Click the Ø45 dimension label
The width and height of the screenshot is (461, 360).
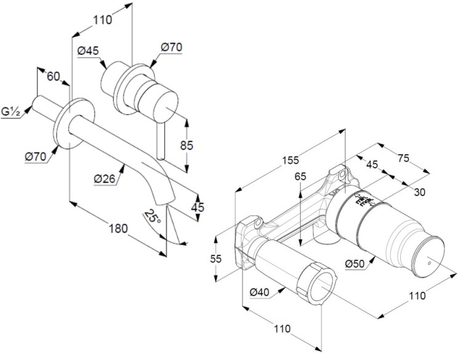pyautogui.click(x=90, y=52)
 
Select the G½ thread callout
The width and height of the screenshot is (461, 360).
pyautogui.click(x=11, y=112)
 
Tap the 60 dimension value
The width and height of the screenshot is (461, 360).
pyautogui.click(x=53, y=76)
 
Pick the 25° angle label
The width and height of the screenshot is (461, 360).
pyautogui.click(x=152, y=216)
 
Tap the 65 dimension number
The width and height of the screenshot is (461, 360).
pyautogui.click(x=300, y=176)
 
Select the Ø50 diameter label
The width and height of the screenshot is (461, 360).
pyautogui.click(x=357, y=264)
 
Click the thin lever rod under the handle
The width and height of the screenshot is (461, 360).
pyautogui.click(x=161, y=140)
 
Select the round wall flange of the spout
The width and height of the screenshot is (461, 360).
pyautogui.click(x=74, y=123)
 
